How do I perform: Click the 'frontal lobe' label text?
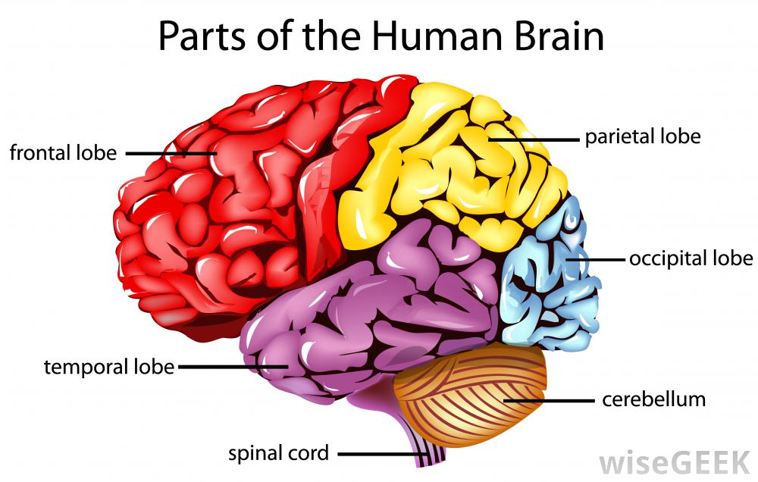pyautogui.click(x=63, y=153)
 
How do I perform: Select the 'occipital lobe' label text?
pyautogui.click(x=691, y=258)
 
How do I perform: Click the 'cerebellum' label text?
pyautogui.click(x=653, y=399)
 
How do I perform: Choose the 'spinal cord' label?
pyautogui.click(x=279, y=454)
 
